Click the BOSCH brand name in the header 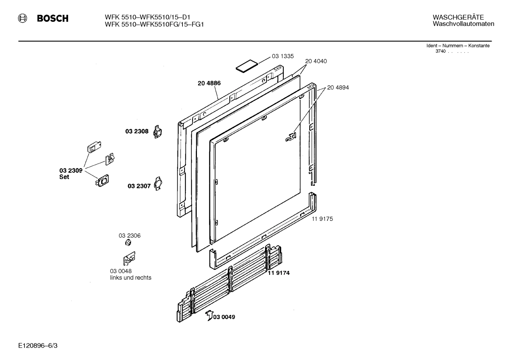coord(53,19)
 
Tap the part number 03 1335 coord(282,56)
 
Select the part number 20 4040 coord(316,61)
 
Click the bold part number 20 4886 coord(209,83)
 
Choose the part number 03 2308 coord(137,131)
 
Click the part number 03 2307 coord(139,186)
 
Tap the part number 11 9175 coord(322,219)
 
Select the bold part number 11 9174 coord(279,273)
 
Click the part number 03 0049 coord(224,317)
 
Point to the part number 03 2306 coord(130,235)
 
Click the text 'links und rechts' coord(131,278)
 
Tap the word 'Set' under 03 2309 coord(64,177)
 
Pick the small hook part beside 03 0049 coord(209,315)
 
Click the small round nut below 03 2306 coord(129,243)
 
